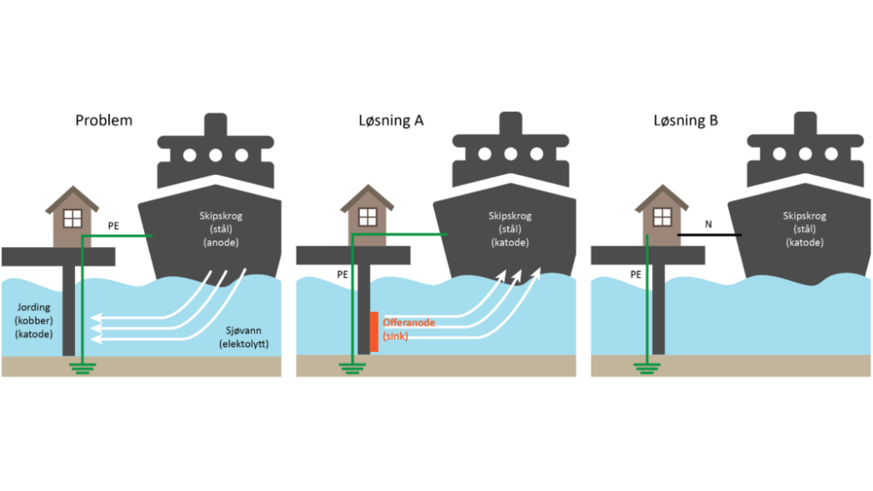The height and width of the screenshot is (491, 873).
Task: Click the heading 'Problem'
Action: coord(103,120)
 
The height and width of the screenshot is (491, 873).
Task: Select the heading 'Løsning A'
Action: coord(390,120)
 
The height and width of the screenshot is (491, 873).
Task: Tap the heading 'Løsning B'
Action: coord(685,120)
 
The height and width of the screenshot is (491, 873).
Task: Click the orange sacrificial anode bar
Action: coord(374,332)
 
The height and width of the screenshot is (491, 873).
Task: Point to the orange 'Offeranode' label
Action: coord(408,323)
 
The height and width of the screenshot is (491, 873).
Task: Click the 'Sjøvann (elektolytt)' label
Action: coord(244,338)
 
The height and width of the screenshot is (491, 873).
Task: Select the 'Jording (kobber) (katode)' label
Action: coord(34,321)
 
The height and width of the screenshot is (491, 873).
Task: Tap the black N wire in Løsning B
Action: coord(708,235)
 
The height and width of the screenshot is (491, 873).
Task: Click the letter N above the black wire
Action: coord(708,224)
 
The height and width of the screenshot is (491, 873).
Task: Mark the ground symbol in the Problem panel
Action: coord(83,368)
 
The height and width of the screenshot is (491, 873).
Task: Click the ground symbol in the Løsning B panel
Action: coord(647,368)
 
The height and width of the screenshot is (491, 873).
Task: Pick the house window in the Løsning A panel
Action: coord(367,217)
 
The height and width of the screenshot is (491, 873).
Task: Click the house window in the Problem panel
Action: coord(73,218)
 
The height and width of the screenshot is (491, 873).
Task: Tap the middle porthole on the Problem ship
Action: coord(216,155)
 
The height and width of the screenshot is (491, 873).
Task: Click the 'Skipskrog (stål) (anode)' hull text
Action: coord(221,228)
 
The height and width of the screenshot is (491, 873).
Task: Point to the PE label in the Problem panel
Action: coord(113,226)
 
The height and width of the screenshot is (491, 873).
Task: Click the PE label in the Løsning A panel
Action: coord(343,274)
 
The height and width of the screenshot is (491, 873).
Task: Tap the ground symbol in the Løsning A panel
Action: coord(352,368)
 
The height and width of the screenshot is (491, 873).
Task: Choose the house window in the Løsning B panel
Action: coord(662,217)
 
